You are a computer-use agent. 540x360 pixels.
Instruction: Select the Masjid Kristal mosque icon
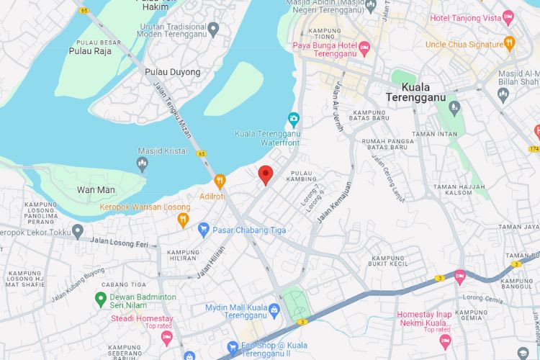pos(142,165)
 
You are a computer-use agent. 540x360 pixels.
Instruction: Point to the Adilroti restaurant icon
pos(220,181)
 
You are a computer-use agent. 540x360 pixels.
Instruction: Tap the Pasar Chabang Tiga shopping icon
pos(204,230)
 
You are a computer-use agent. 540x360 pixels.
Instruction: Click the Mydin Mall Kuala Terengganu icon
pos(274,310)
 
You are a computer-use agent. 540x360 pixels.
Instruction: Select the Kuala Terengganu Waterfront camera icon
pos(293,119)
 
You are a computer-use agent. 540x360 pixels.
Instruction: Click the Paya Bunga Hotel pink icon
pos(364,48)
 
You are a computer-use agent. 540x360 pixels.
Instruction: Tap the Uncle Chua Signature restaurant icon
pos(509,43)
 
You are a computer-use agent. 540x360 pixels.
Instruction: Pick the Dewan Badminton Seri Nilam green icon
pos(101,297)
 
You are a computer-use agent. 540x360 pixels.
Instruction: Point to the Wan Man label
pos(95,190)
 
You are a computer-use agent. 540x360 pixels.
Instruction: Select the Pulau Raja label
pos(89,51)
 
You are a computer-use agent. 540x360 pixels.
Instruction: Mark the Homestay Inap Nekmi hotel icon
pos(445,340)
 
